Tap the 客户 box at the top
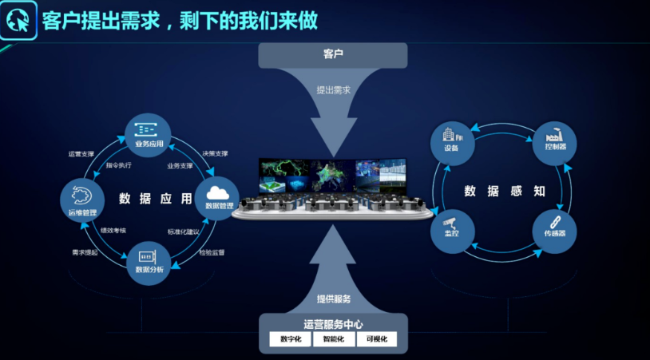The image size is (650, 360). tap(332, 55)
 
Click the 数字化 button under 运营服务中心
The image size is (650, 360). tap(290, 339)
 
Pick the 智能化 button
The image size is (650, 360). tap(333, 339)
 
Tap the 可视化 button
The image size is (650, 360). tap(376, 339)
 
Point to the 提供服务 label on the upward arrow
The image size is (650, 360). tap(333, 299)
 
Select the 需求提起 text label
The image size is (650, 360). tap(85, 252)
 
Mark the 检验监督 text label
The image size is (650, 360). tap(212, 252)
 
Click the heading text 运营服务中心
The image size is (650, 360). tap(333, 324)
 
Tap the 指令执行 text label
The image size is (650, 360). tap(119, 166)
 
